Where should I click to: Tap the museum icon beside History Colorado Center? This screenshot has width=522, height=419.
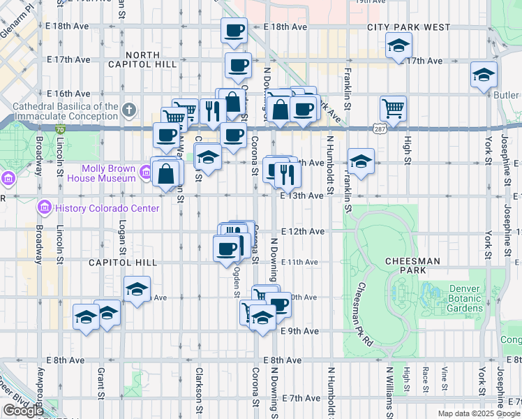(44, 207)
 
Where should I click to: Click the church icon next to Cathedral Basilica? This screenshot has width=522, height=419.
(128, 110)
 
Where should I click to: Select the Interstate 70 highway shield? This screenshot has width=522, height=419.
(61, 129)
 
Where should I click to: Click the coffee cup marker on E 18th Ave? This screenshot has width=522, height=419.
(234, 30)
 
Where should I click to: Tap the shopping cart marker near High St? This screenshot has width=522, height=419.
(394, 108)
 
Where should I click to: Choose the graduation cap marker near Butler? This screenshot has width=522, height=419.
(483, 75)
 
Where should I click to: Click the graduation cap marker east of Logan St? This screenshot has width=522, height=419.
(137, 288)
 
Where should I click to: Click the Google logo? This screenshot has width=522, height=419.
(23, 411)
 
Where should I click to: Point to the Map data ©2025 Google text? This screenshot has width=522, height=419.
(479, 413)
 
